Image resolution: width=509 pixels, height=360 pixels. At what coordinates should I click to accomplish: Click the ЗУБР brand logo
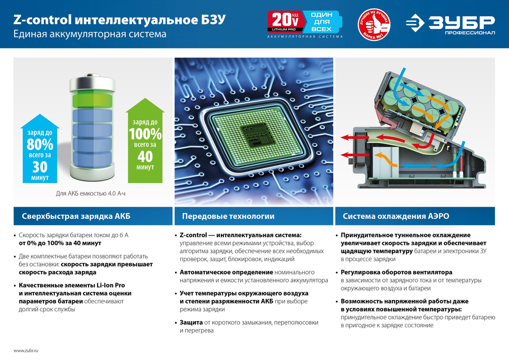click(x=450, y=23)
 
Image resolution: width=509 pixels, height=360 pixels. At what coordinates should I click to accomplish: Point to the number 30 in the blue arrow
click(x=40, y=166)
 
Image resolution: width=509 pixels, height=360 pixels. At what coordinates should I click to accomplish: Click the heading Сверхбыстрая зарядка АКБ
click(x=76, y=216)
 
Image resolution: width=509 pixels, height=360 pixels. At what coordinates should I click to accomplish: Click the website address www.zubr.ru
click(x=26, y=351)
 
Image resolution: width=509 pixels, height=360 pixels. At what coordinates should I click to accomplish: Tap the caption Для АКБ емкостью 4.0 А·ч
click(x=91, y=193)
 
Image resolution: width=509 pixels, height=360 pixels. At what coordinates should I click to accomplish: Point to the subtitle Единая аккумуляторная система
click(x=90, y=34)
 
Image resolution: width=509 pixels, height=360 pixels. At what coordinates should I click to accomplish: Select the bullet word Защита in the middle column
click(x=191, y=323)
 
